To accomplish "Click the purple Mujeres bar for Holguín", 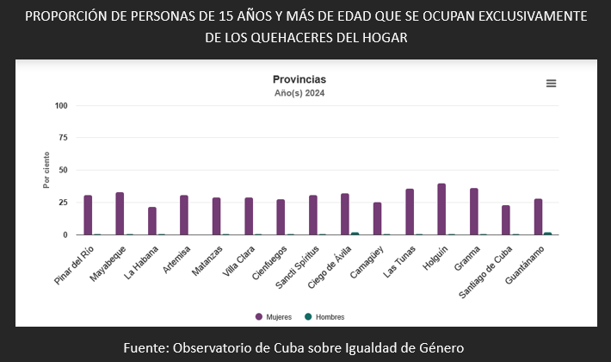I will (x=441, y=209).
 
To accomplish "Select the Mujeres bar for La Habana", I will (x=152, y=222).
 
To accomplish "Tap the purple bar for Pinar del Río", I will (x=88, y=215).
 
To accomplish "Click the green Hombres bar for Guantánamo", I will (x=548, y=234).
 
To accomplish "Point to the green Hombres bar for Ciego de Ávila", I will (x=355, y=234).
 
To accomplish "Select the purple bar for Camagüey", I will (x=377, y=219).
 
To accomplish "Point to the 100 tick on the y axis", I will (x=60, y=106).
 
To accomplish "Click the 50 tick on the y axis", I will (x=63, y=170).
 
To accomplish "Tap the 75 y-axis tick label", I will (x=63, y=138).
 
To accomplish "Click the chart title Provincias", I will (x=299, y=79).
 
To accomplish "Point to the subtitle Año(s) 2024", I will (x=299, y=92).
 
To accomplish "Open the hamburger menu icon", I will (x=551, y=83).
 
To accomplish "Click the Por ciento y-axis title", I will (x=46, y=170).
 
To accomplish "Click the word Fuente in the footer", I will (x=144, y=347).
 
